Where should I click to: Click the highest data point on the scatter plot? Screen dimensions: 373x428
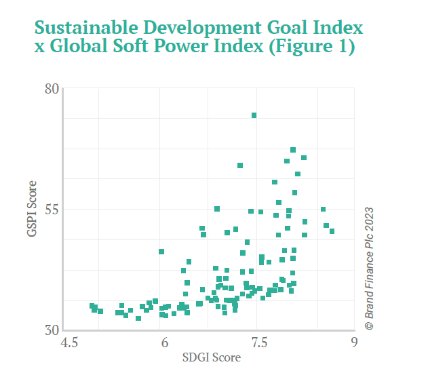(254, 115)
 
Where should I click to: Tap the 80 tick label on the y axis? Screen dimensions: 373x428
(52, 88)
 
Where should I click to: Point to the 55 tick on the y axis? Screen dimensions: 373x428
(52, 208)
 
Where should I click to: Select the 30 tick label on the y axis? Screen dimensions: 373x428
(52, 330)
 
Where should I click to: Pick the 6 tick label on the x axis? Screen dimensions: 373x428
(163, 343)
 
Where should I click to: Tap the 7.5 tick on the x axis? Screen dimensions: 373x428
(258, 343)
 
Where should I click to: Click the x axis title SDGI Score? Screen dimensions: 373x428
(212, 357)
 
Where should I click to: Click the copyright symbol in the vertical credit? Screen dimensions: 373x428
(370, 325)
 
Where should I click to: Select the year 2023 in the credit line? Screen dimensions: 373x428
(370, 219)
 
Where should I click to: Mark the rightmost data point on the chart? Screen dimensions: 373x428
(332, 231)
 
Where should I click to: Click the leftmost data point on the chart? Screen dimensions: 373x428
(92, 306)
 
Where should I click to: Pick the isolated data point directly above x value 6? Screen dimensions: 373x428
(161, 252)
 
